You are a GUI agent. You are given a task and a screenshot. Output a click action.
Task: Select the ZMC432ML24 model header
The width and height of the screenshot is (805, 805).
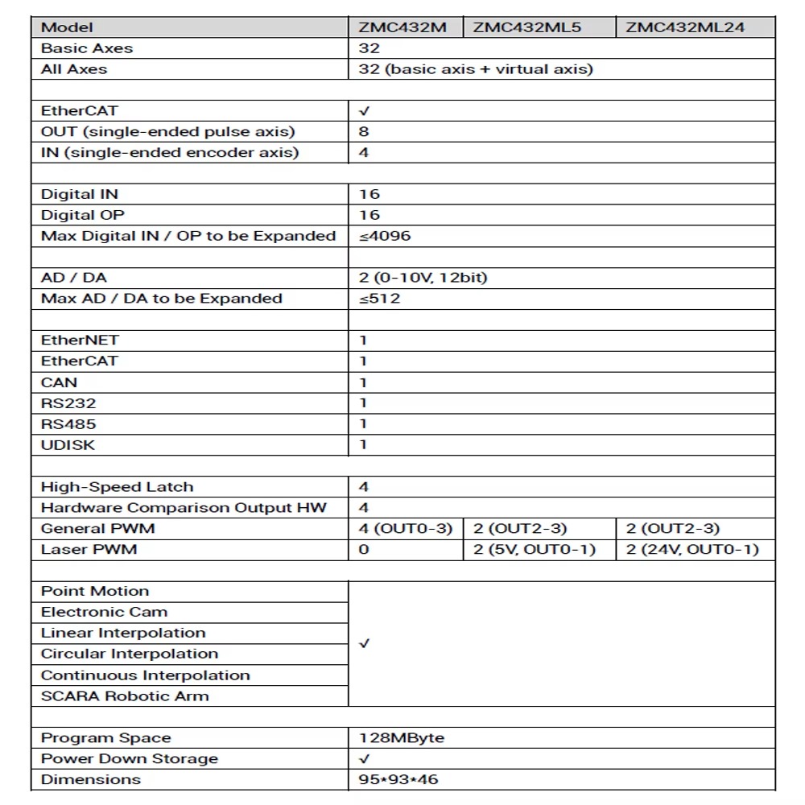685,27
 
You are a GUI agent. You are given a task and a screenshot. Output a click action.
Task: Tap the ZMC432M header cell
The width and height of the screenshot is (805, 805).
402,27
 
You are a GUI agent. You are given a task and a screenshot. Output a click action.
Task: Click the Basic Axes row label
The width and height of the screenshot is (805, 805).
87,48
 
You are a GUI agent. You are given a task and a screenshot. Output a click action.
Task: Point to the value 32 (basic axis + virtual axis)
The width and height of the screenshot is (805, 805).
476,69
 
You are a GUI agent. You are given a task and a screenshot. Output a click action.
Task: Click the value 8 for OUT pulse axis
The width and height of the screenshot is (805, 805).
364,131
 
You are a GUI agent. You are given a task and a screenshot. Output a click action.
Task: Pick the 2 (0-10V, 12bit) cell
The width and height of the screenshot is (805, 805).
423,278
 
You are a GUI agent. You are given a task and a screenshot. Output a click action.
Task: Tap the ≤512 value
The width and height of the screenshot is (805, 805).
380,299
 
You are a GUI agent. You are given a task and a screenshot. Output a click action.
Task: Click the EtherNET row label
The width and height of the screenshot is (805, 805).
80,341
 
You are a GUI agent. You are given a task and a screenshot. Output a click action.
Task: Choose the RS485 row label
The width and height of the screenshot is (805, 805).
68,424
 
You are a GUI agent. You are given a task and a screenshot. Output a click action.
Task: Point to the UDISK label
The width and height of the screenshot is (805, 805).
68,445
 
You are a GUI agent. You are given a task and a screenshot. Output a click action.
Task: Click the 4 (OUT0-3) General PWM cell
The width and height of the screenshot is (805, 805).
406,529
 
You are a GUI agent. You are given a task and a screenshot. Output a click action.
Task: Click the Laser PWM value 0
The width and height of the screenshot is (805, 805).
364,550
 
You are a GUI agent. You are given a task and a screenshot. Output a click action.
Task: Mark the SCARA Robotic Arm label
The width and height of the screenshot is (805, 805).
125,696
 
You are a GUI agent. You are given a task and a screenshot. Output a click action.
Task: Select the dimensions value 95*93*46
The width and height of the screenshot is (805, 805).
399,780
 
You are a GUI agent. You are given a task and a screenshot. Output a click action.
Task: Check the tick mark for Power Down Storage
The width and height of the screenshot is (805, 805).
364,759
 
